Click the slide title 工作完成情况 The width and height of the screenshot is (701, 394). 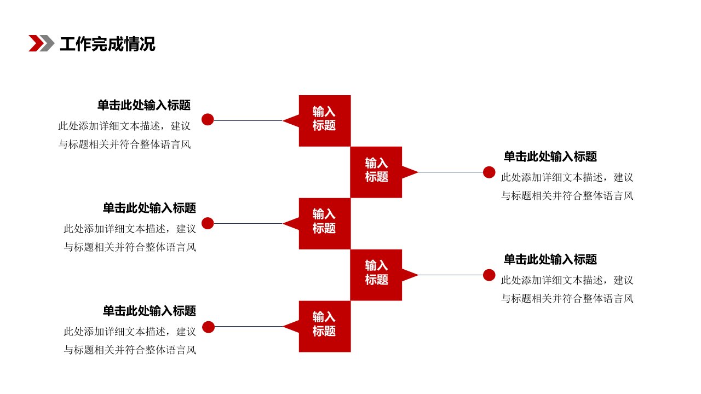[107, 44]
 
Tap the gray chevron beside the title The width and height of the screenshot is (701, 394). [48, 43]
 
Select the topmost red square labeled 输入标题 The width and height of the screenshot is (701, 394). [325, 121]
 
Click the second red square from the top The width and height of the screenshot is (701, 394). [376, 172]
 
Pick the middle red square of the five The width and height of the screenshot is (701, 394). [325, 224]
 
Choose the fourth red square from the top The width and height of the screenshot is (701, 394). [376, 275]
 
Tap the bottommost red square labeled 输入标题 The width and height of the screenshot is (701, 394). [325, 327]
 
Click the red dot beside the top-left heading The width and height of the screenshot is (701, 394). [208, 119]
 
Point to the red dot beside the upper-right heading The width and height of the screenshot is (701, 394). [489, 172]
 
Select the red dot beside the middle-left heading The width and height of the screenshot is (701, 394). [208, 223]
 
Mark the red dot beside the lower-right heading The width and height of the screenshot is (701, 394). [489, 275]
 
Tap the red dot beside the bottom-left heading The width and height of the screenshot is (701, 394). [208, 327]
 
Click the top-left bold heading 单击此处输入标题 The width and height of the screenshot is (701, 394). [144, 105]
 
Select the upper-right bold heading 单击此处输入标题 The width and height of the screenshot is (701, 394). [550, 157]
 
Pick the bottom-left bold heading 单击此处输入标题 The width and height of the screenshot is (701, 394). [150, 311]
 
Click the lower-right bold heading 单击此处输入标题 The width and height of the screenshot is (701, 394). [550, 259]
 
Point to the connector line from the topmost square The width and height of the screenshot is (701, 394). [248, 120]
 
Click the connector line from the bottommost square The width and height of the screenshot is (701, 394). [249, 327]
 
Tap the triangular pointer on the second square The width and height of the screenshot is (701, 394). [409, 172]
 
